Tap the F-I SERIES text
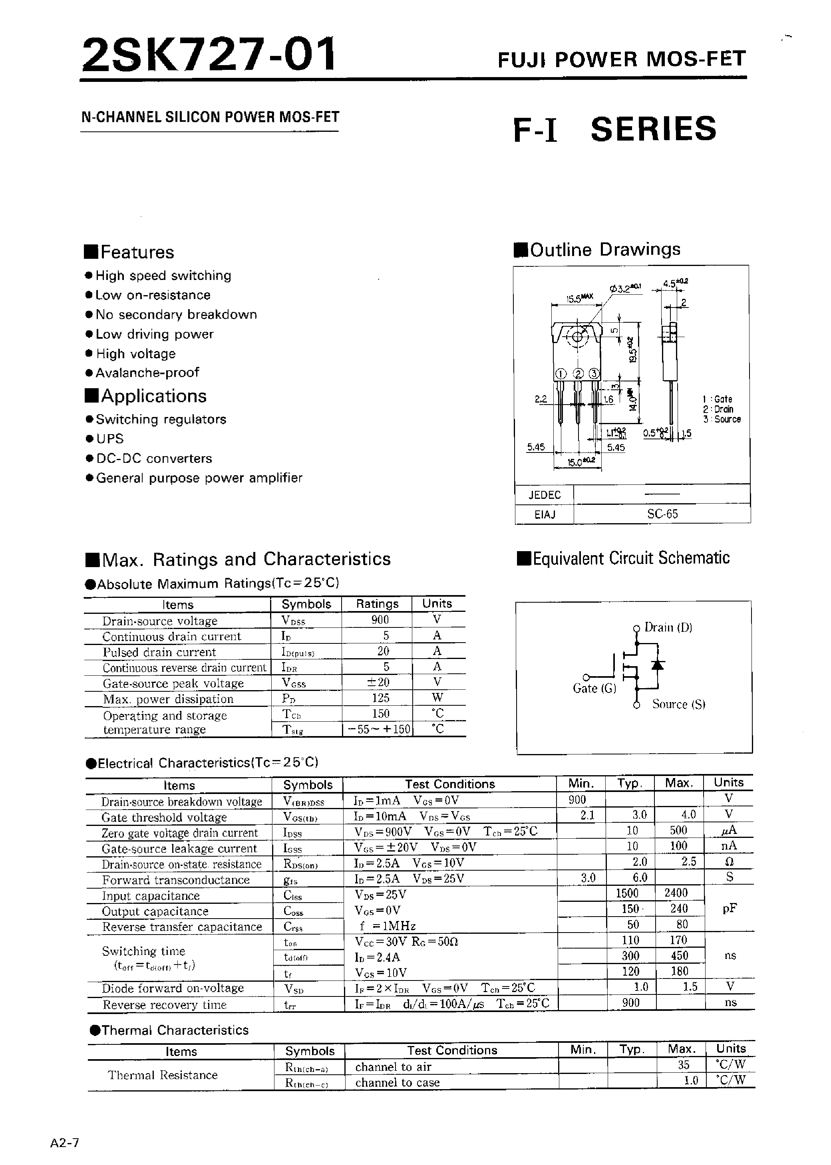pos(614,129)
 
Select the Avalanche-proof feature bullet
pos(147,373)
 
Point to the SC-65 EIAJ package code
pos(662,514)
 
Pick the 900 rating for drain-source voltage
pos(380,620)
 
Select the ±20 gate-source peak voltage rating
pos(379,683)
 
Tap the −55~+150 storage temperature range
pos(379,729)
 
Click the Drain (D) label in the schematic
pos(668,627)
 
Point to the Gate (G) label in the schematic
pos(594,689)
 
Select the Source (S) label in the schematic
pos(678,705)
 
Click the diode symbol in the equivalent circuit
pos(658,665)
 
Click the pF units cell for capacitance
pos(729,909)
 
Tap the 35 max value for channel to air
pos(684,1065)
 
